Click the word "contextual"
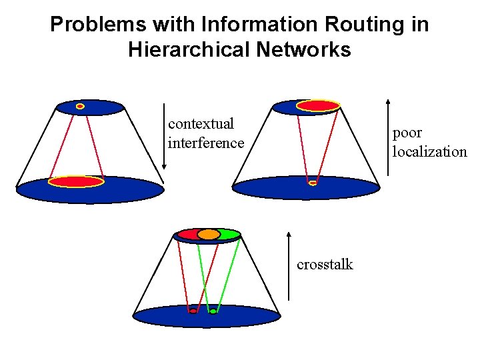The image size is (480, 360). pyautogui.click(x=201, y=124)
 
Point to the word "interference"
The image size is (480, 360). pyautogui.click(x=206, y=143)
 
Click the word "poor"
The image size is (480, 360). pyautogui.click(x=407, y=133)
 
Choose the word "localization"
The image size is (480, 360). pyautogui.click(x=429, y=151)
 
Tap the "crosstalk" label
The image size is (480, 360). pyautogui.click(x=325, y=265)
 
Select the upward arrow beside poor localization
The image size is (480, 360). pyautogui.click(x=388, y=137)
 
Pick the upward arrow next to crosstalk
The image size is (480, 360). pyautogui.click(x=289, y=265)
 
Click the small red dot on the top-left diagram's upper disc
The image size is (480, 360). pyautogui.click(x=80, y=106)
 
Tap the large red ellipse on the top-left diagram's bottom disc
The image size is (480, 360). pyautogui.click(x=77, y=181)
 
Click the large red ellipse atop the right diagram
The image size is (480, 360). pyautogui.click(x=318, y=105)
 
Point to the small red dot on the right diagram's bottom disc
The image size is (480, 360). pyautogui.click(x=313, y=183)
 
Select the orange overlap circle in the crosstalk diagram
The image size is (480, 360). pyautogui.click(x=208, y=234)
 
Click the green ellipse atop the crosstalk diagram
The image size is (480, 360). pyautogui.click(x=228, y=234)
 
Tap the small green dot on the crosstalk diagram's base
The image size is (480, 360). pyautogui.click(x=213, y=311)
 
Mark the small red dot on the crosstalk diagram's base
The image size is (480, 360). pyautogui.click(x=193, y=311)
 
